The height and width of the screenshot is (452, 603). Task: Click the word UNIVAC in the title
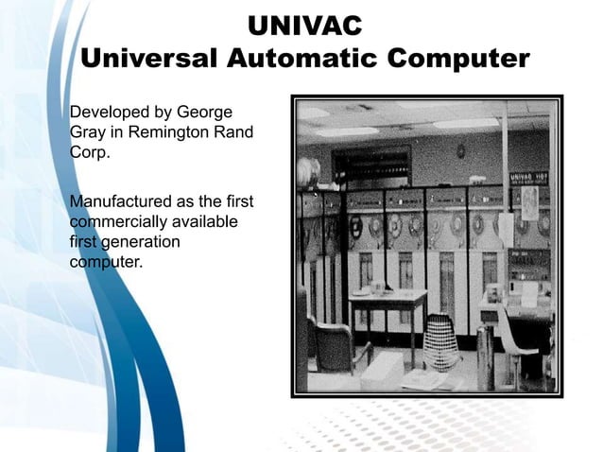coord(303,24)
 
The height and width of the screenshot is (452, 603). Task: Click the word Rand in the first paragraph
coord(233,132)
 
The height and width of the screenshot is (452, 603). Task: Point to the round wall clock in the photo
coord(460,151)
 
